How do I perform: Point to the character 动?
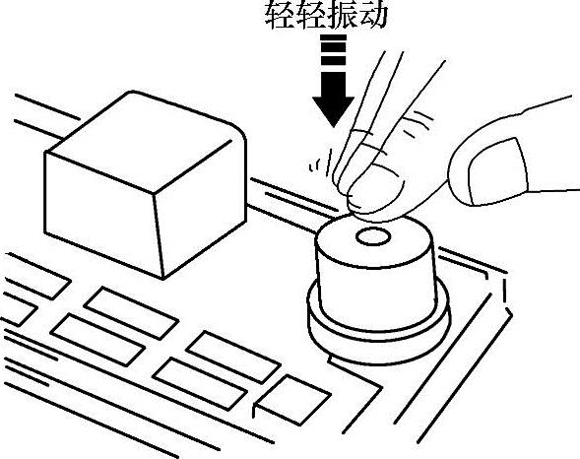point(372,15)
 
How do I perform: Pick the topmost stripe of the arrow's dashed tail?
point(333,37)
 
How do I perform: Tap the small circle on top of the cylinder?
point(373,237)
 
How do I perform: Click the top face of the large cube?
point(144,141)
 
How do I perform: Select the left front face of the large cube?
point(101,215)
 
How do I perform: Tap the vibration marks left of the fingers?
point(320,163)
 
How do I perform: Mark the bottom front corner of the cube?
point(163,278)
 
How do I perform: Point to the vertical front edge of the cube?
point(158,235)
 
